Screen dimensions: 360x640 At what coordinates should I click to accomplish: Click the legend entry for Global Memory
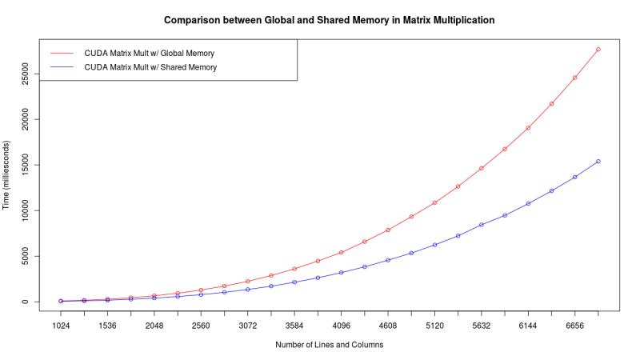pos(149,53)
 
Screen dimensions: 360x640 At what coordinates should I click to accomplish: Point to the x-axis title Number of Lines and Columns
pos(329,345)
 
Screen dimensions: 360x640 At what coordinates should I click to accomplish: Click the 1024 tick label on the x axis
pos(61,326)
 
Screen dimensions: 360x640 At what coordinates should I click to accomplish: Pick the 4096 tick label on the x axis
pos(341,326)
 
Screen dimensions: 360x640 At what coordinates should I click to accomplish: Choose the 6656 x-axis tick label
pos(574,326)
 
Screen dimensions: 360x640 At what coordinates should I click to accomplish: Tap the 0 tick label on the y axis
pos(26,302)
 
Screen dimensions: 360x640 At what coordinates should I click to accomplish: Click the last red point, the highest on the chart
pos(598,50)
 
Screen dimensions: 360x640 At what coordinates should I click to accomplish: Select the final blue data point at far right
pos(598,162)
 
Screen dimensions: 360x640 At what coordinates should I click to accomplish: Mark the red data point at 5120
pos(434,202)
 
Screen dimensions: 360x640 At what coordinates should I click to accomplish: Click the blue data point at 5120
pos(434,245)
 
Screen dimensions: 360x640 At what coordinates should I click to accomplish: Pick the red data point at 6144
pos(528,128)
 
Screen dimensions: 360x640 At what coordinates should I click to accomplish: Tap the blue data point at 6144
pos(528,203)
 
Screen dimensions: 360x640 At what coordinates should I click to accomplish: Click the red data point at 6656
pos(574,78)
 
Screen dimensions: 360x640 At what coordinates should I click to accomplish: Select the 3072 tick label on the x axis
pos(247,326)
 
